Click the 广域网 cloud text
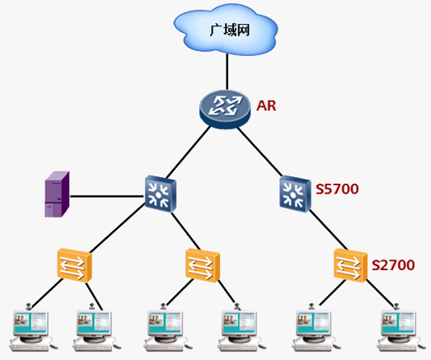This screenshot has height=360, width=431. [230, 30]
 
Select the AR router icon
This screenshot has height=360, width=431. [225, 110]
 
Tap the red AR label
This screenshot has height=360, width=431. [266, 105]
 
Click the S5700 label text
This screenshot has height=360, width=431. [337, 189]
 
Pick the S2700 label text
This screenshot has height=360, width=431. [393, 265]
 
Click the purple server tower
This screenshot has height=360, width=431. [57, 194]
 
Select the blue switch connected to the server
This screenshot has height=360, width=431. [160, 194]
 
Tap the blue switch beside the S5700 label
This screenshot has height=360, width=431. [295, 194]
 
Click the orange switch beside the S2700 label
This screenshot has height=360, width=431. [350, 265]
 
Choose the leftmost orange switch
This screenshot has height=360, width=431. [74, 265]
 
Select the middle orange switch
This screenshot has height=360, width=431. [203, 265]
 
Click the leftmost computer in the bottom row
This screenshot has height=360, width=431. [31, 328]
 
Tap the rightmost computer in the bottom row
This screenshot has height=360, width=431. [399, 328]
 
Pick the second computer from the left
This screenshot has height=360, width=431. [95, 328]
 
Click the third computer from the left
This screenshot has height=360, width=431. [166, 328]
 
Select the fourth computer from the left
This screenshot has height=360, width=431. [240, 328]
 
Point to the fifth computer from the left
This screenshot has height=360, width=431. [314, 328]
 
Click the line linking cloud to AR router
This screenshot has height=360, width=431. [227, 72]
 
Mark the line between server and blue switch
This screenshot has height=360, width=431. [107, 196]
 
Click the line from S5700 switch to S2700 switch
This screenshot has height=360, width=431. [329, 230]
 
